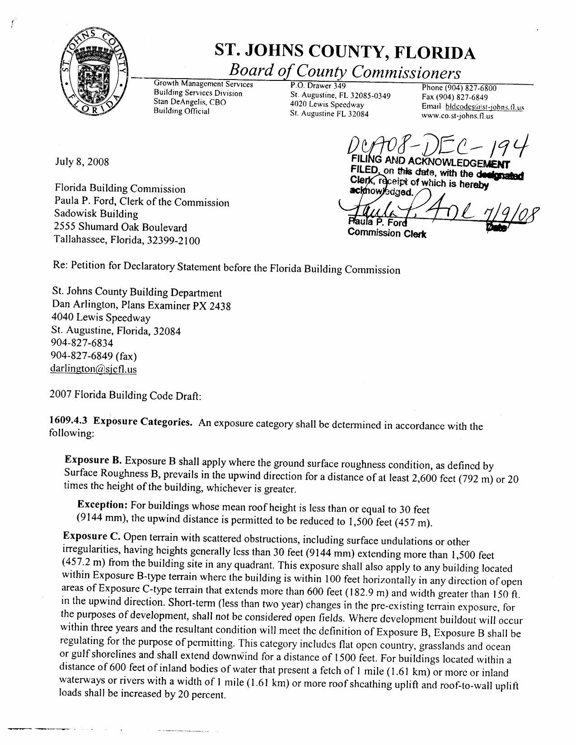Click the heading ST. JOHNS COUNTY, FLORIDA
pos(345,53)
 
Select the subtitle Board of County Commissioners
pos(345,72)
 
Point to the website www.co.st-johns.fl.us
pos(457,116)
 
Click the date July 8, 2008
pos(82,162)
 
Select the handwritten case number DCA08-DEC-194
pos(436,145)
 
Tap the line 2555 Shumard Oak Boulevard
pos(121,227)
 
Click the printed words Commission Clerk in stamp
pos(387,234)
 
